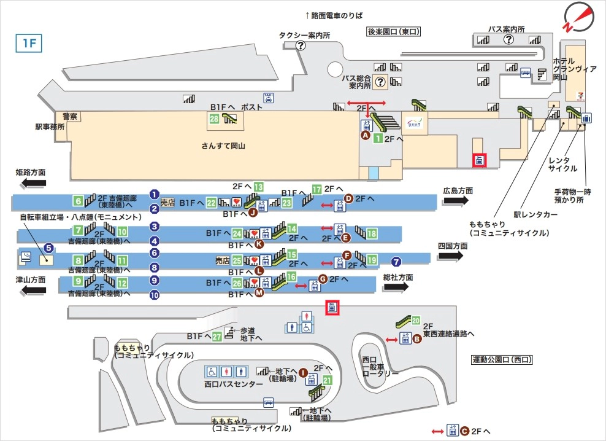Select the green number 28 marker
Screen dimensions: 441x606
(x=214, y=119)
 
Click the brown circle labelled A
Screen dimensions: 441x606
(x=366, y=136)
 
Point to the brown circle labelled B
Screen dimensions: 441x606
(x=416, y=338)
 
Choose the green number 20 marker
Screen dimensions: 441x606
(x=416, y=320)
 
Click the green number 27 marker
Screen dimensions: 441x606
(x=217, y=337)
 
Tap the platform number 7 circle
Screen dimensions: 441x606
(x=397, y=260)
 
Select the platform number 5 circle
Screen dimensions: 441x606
(x=49, y=248)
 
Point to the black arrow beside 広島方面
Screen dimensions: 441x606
(x=457, y=201)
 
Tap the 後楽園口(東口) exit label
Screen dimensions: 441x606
(x=393, y=31)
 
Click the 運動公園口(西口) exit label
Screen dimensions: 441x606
(x=501, y=359)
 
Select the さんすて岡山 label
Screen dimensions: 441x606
(x=223, y=146)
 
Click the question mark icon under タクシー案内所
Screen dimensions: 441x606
(x=301, y=45)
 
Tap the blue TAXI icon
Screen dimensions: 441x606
(x=268, y=98)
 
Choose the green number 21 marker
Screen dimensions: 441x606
(x=328, y=380)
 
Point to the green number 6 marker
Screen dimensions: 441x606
(x=78, y=201)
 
